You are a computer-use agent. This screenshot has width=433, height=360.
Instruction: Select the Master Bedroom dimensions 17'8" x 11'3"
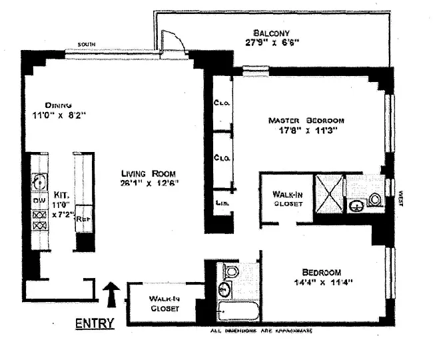pos(306,131)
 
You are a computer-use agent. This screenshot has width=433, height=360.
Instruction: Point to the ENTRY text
pos(94,324)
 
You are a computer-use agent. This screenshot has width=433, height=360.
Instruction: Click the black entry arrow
pos(112,292)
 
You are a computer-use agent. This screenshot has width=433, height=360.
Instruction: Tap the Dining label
pos(59,105)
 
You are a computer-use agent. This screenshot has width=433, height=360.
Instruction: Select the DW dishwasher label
pos(37,201)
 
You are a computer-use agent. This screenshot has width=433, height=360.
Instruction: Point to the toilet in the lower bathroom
pos(230,271)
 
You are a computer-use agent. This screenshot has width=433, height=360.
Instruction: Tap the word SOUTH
pos(85,44)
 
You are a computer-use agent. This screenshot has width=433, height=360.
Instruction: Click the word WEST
pos(400,198)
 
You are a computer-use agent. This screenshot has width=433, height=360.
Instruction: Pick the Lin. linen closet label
pos(219,201)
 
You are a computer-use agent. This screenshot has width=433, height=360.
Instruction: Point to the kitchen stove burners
pos(37,221)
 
